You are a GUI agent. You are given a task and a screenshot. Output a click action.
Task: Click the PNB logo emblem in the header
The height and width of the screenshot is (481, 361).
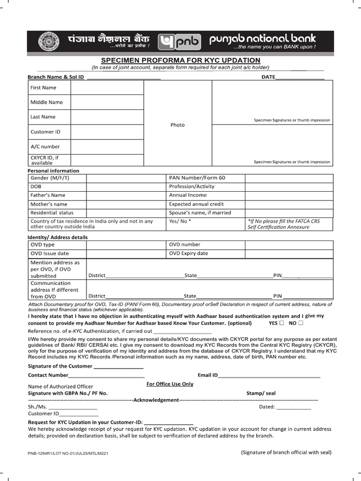180,42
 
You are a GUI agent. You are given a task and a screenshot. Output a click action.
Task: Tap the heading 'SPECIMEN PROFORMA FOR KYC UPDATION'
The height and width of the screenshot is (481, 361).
180,61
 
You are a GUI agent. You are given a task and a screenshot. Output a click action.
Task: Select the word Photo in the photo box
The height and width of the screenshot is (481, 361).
178,125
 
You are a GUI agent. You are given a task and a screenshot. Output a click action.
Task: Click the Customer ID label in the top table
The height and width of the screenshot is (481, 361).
46,132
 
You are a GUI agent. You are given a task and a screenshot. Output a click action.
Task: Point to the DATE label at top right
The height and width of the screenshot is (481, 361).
268,77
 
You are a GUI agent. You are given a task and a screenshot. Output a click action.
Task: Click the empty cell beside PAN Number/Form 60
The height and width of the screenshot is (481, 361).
289,178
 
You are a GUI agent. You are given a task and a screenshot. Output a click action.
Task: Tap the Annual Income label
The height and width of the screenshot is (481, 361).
188,195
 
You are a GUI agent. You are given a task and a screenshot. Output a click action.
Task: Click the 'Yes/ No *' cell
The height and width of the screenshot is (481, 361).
180,221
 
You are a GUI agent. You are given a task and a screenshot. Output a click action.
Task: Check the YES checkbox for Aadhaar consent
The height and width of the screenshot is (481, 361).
282,323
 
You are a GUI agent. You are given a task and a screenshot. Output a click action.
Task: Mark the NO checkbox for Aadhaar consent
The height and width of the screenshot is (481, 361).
301,323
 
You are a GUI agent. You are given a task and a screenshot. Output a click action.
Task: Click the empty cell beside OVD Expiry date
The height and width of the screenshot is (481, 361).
289,254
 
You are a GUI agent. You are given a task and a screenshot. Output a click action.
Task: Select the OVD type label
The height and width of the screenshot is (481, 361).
42,245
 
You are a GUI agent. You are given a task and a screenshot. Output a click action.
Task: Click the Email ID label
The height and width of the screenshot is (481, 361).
208,375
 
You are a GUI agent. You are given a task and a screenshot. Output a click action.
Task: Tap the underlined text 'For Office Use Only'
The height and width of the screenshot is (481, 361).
170,384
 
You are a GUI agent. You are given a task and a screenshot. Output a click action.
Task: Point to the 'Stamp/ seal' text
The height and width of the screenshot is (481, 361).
261,393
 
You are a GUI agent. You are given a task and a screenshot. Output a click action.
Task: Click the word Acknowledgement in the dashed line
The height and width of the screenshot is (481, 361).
156,400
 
